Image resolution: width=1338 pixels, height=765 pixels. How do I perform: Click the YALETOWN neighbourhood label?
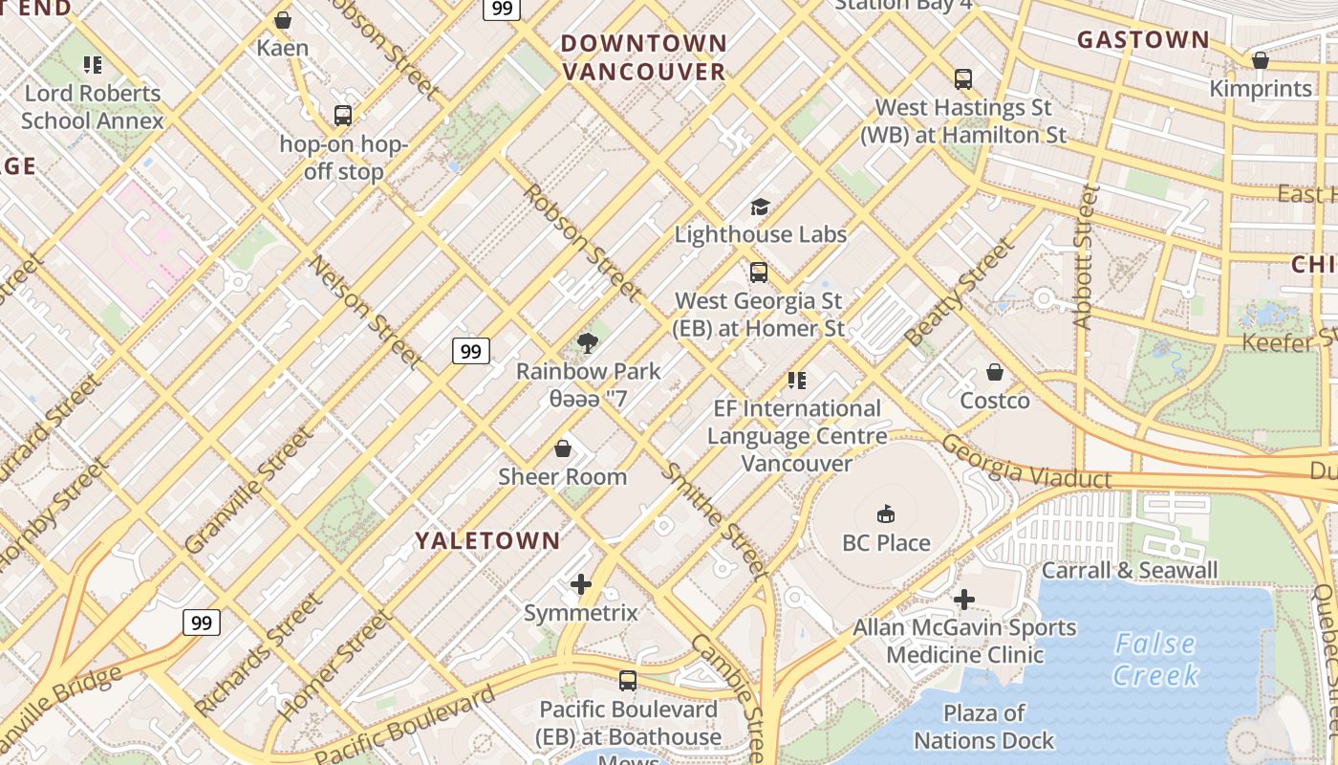click(487, 540)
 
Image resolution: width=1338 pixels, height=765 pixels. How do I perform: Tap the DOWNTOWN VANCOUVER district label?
click(643, 57)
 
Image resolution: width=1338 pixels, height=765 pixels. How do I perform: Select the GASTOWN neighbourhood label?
click(1143, 39)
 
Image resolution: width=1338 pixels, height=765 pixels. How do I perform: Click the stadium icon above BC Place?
click(886, 514)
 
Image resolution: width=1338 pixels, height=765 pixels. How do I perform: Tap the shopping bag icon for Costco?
click(995, 372)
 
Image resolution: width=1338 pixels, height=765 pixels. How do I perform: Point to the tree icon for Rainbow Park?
click(588, 342)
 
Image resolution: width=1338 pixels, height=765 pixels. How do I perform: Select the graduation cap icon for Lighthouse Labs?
click(760, 207)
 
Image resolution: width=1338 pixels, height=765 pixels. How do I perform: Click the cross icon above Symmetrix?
click(580, 584)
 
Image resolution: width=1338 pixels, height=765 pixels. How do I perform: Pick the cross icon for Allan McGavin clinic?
click(964, 600)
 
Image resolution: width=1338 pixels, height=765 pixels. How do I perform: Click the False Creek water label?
click(1156, 660)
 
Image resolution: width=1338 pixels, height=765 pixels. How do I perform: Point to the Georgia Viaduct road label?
click(1026, 462)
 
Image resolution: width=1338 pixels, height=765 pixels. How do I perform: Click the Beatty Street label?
click(960, 293)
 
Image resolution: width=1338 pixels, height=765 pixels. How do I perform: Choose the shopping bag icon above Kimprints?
click(1260, 61)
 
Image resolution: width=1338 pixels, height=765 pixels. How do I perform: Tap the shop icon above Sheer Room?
click(563, 448)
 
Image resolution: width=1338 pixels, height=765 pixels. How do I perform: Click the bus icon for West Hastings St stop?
click(962, 79)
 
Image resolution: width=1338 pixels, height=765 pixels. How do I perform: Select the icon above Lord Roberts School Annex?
click(93, 65)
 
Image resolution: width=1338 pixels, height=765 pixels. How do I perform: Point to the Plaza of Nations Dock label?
click(983, 727)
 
